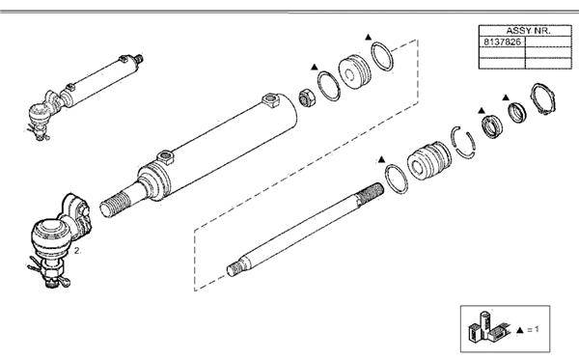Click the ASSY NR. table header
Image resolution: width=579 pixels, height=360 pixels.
(x=528, y=31)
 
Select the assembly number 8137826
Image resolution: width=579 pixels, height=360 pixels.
(x=502, y=42)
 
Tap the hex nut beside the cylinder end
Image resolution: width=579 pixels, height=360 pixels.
(x=307, y=97)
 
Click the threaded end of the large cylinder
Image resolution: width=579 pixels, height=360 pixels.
(x=115, y=205)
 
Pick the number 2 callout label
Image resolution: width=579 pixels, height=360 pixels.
(x=77, y=250)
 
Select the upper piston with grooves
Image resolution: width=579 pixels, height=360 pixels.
(x=354, y=71)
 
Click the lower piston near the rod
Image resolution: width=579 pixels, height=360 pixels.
(x=429, y=161)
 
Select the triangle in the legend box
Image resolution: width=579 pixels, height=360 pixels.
(x=520, y=330)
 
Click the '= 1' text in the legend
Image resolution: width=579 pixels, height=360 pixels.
(x=534, y=329)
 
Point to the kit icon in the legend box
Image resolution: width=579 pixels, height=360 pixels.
(x=487, y=327)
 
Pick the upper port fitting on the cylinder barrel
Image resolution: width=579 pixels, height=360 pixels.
(x=270, y=100)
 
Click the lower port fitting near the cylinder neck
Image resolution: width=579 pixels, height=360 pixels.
(x=165, y=156)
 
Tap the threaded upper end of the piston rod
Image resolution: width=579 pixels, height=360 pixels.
(x=370, y=193)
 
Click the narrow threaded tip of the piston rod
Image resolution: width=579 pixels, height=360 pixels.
(x=234, y=269)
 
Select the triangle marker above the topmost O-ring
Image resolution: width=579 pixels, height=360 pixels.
(x=368, y=37)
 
